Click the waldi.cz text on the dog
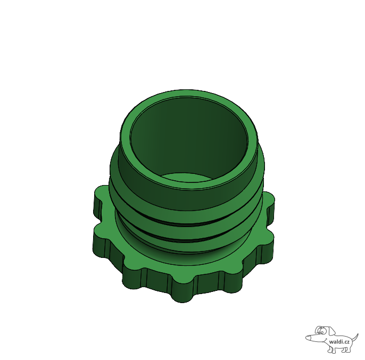coord(339,341)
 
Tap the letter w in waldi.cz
coord(331,342)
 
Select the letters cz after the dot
coord(346,342)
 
